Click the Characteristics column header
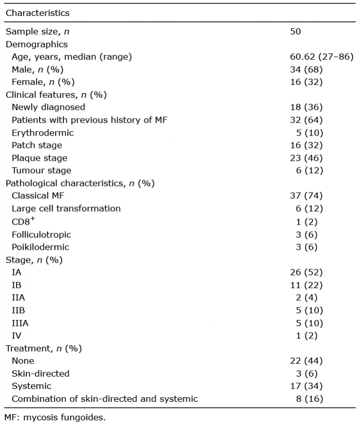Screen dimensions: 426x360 38,12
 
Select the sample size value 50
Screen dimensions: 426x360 296,32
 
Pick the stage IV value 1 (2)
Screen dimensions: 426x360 307,336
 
